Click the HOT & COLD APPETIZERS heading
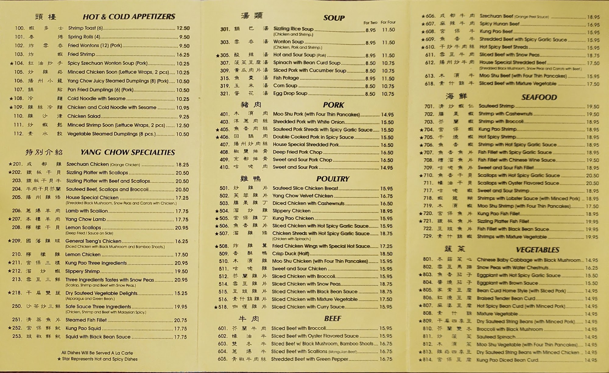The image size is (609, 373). click(129, 16)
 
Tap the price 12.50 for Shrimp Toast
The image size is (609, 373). click(183, 28)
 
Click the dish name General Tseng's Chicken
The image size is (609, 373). click(93, 241)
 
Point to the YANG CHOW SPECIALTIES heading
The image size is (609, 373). click(128, 152)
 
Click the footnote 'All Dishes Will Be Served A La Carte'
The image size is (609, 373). click(97, 353)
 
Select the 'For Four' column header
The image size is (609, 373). click(388, 22)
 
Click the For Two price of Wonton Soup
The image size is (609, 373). click(370, 43)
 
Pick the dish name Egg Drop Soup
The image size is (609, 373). click(290, 93)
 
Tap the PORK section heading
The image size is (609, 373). click(333, 105)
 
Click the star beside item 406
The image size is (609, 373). click(217, 137)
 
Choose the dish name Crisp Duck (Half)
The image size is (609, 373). click(290, 254)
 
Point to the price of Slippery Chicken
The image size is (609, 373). click(386, 211)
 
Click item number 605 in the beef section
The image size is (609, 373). click(223, 359)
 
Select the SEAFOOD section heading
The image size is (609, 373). click(539, 97)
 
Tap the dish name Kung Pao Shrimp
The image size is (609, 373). click(493, 129)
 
